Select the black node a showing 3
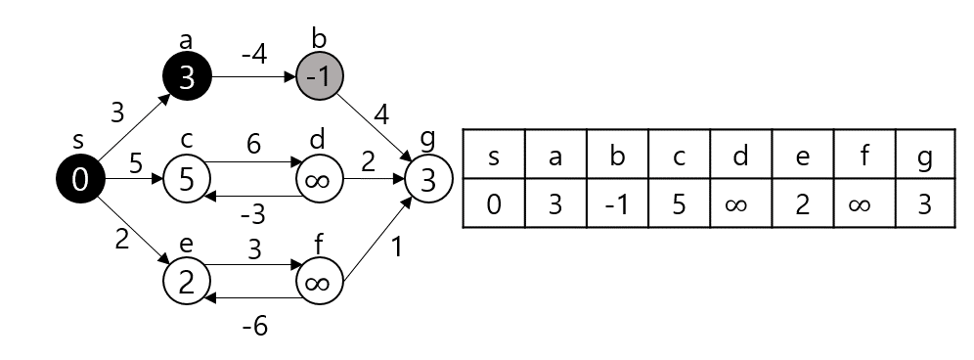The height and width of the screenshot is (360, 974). click(187, 77)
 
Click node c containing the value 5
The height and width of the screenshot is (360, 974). click(187, 179)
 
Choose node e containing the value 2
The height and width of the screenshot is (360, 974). click(187, 281)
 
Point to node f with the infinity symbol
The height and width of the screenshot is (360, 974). click(320, 282)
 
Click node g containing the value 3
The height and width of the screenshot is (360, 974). click(428, 179)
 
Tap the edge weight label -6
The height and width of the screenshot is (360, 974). click(254, 327)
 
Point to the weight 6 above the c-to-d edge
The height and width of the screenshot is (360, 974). click(254, 146)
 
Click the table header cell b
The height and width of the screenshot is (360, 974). click(616, 154)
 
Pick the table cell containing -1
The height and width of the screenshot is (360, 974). click(616, 203)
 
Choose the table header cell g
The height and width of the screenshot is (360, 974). click(924, 154)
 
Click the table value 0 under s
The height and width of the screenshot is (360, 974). click(493, 203)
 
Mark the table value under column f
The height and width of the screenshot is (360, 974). click(863, 203)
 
